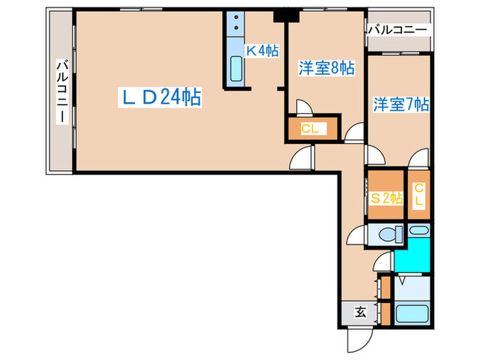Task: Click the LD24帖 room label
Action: (x=161, y=98)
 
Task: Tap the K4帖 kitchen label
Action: (x=261, y=51)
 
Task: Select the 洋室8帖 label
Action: (x=326, y=69)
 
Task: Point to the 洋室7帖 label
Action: (x=401, y=105)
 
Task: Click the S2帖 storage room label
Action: (x=386, y=198)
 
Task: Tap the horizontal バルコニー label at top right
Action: (x=399, y=30)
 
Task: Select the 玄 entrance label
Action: (x=360, y=312)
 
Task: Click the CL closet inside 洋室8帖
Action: (x=309, y=129)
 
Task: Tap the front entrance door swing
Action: (x=358, y=337)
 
